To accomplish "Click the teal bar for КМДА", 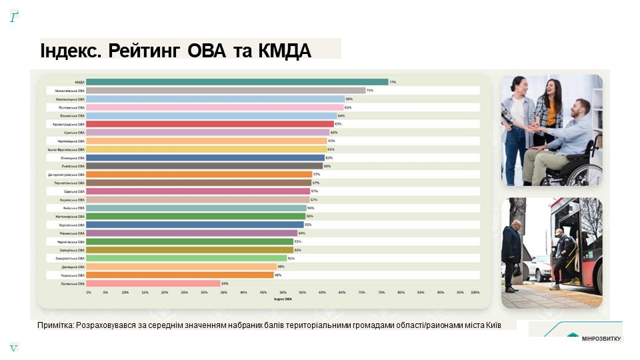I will click(x=237, y=82).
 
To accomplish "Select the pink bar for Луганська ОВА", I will click(x=154, y=283).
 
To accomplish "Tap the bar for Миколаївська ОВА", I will click(x=227, y=90).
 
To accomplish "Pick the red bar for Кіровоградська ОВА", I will click(x=210, y=124).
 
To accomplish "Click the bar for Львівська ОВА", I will click(x=205, y=166).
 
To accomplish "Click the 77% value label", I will click(x=393, y=82).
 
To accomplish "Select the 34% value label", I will click(x=225, y=283).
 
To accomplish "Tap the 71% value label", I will click(x=369, y=90).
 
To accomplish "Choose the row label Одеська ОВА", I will click(x=75, y=191).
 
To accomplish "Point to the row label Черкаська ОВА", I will click(x=74, y=275).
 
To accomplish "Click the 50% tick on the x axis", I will click(x=283, y=293).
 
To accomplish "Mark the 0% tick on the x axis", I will click(x=89, y=293).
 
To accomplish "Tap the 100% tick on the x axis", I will click(x=475, y=293).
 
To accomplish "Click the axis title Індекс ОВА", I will click(x=283, y=299).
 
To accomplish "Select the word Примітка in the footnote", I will click(x=56, y=325).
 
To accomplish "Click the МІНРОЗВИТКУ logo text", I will click(x=601, y=339).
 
